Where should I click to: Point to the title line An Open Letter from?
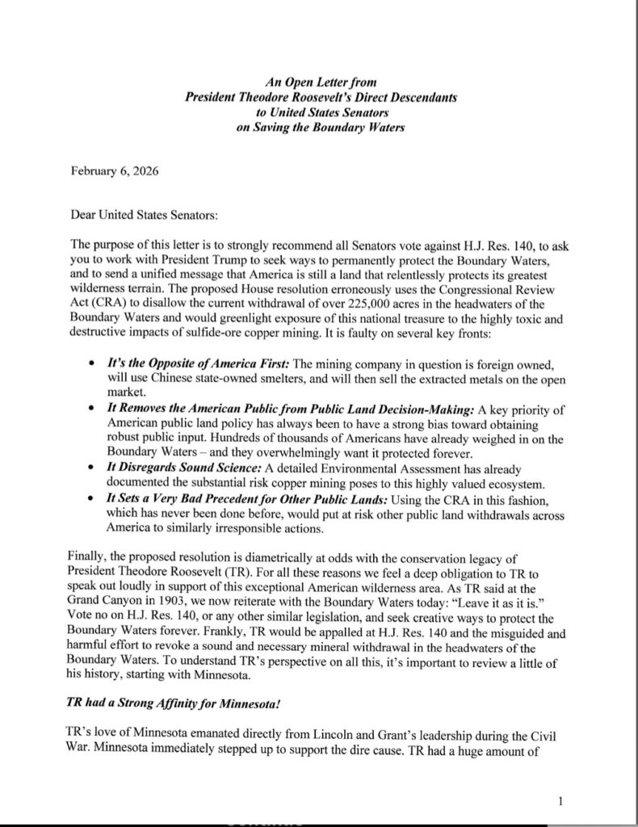pos(321,82)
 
